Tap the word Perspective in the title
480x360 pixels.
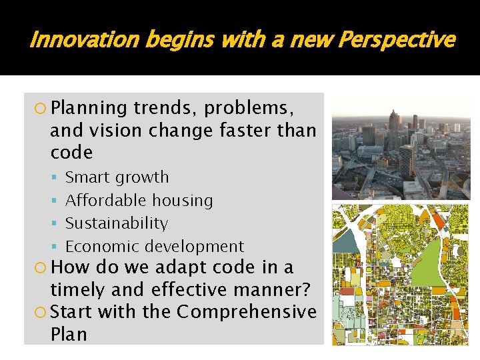396,41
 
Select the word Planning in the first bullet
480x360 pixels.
88,108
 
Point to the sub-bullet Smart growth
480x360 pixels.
117,177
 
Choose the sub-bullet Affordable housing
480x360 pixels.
139,200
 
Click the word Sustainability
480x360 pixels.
116,223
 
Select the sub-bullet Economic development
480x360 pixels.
154,246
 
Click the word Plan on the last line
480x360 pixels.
69,334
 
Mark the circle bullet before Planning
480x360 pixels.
41,109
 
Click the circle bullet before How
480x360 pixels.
41,268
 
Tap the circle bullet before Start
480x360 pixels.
41,312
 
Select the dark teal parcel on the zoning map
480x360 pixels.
344,242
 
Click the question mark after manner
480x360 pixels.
310,290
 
